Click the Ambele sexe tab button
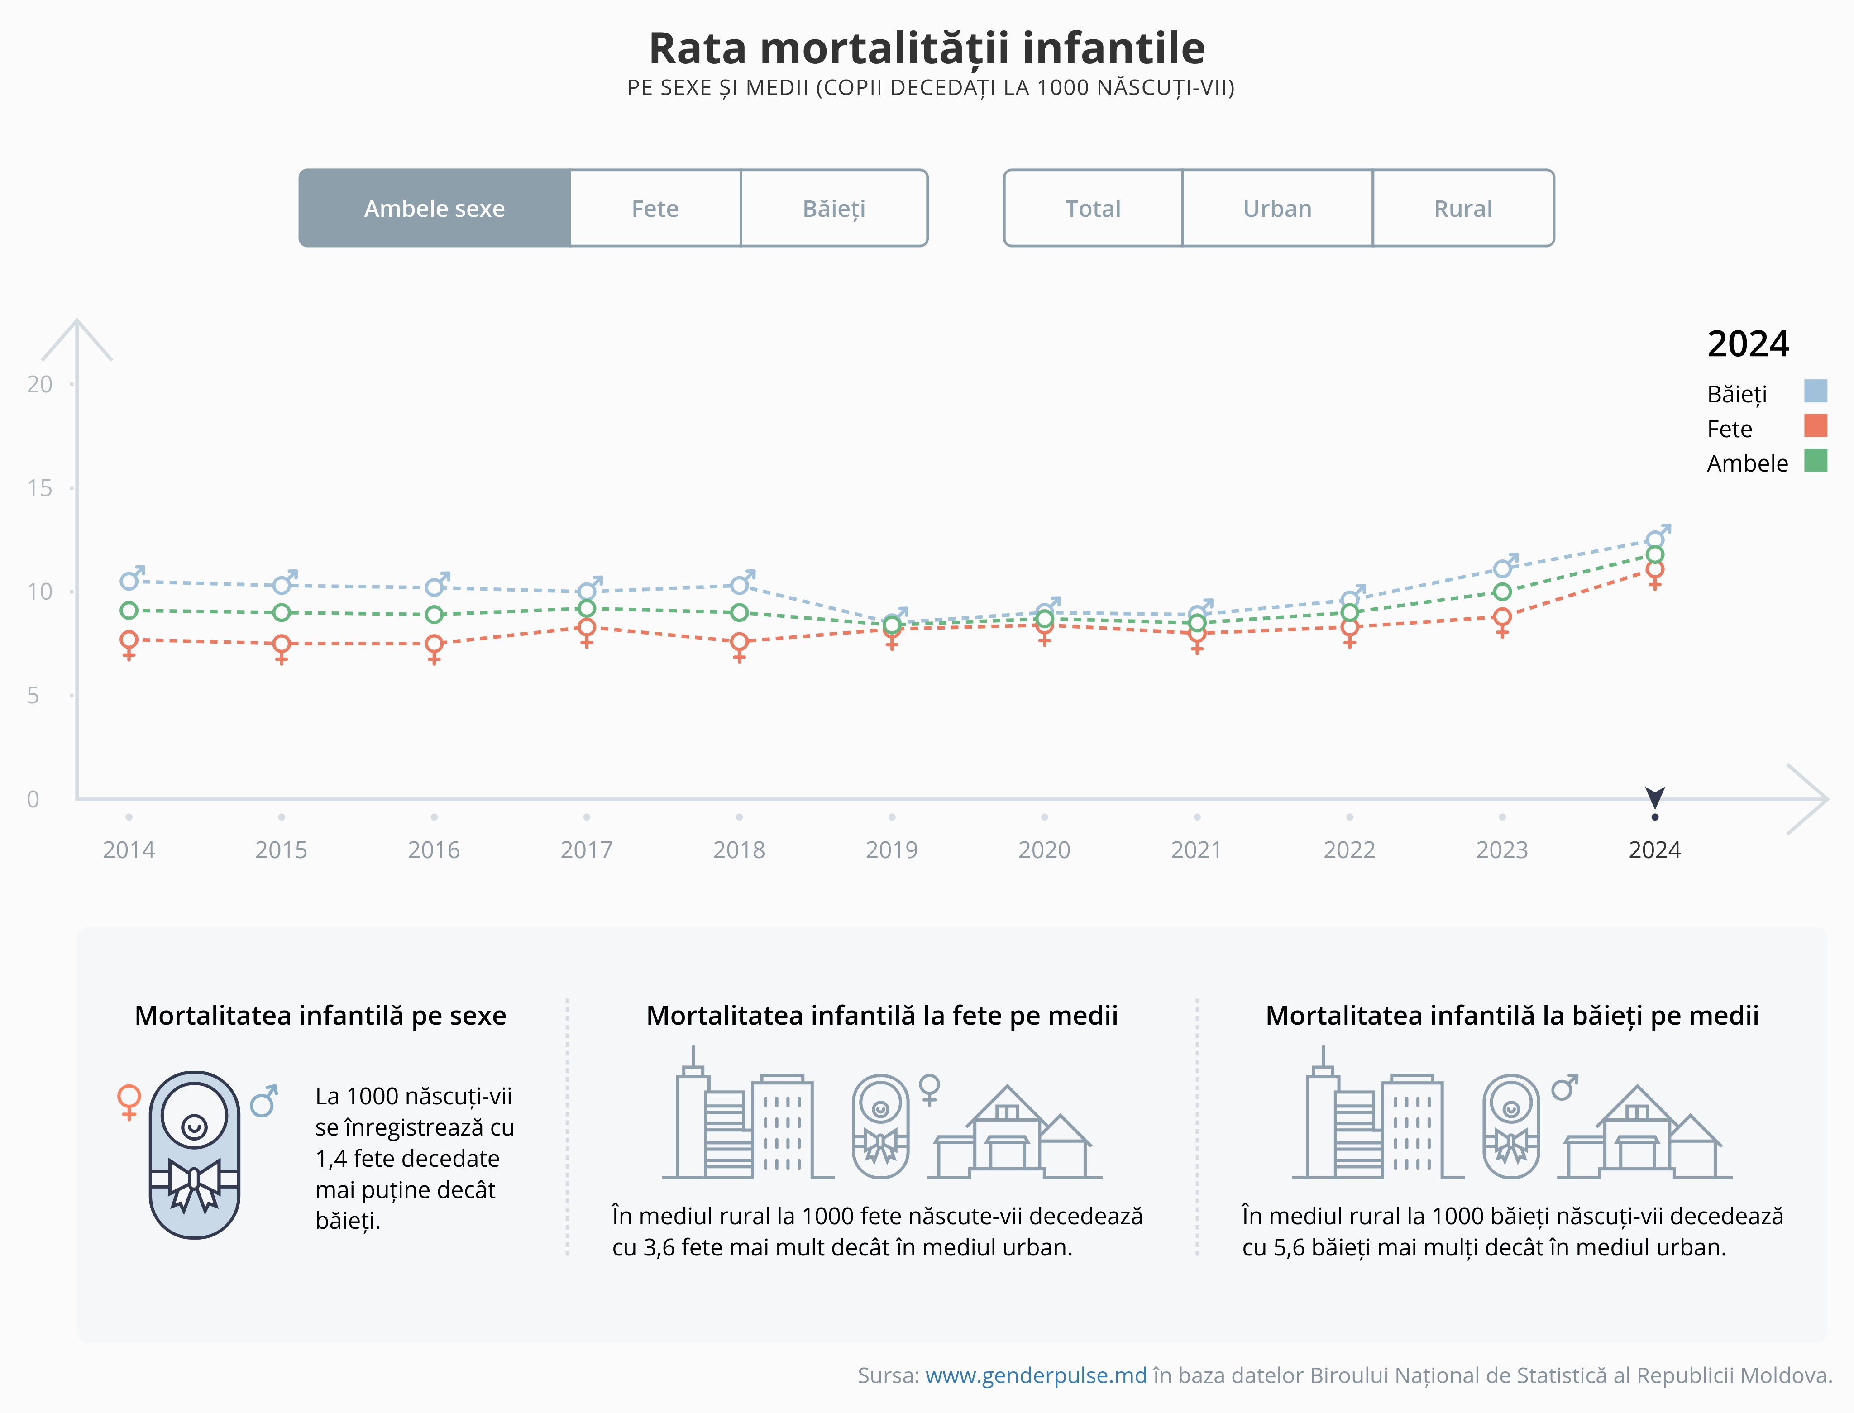pyautogui.click(x=435, y=209)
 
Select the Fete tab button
pyautogui.click(x=655, y=209)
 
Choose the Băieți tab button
pyautogui.click(x=834, y=209)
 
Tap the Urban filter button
pyautogui.click(x=1277, y=209)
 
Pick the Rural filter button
pyautogui.click(x=1463, y=209)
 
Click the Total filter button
pyautogui.click(x=1093, y=209)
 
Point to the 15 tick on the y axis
pyautogui.click(x=39, y=488)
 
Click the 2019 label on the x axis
pyautogui.click(x=892, y=850)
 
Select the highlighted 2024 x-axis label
pyautogui.click(x=1654, y=850)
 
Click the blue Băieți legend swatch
pyautogui.click(x=1816, y=391)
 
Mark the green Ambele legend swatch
pyautogui.click(x=1816, y=461)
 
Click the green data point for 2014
pyautogui.click(x=129, y=611)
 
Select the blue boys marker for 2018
pyautogui.click(x=740, y=585)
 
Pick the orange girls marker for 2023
pyautogui.click(x=1501, y=617)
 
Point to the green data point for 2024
pyautogui.click(x=1655, y=554)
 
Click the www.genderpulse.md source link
pyautogui.click(x=1036, y=1375)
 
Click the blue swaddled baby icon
pyautogui.click(x=194, y=1154)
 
